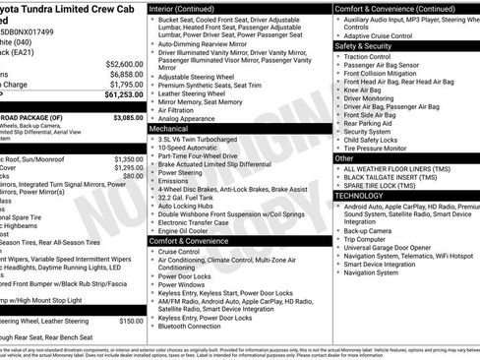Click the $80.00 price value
133,178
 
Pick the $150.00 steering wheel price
131,321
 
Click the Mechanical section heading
168,128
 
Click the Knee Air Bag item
368,90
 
